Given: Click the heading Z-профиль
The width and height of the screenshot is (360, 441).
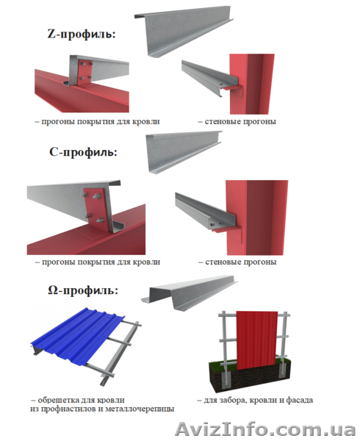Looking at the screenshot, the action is pos(82,35).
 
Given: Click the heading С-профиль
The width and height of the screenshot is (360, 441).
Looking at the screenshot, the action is pos(83,152).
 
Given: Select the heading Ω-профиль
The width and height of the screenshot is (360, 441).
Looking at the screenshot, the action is pos(83,290).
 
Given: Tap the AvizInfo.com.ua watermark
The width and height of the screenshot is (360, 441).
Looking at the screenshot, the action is pos(265,429).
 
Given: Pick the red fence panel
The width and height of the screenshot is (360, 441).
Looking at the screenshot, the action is pos(256,340).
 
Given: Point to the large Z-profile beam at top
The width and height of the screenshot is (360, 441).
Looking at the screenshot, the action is pos(184,31).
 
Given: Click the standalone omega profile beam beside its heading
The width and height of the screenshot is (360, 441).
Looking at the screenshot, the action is pos(190,293).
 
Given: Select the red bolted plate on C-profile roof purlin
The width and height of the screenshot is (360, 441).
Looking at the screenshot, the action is pos(96,209).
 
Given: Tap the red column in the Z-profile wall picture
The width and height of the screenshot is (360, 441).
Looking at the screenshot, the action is pos(252,84).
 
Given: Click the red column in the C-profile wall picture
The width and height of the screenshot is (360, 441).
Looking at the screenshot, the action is pos(256,217).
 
